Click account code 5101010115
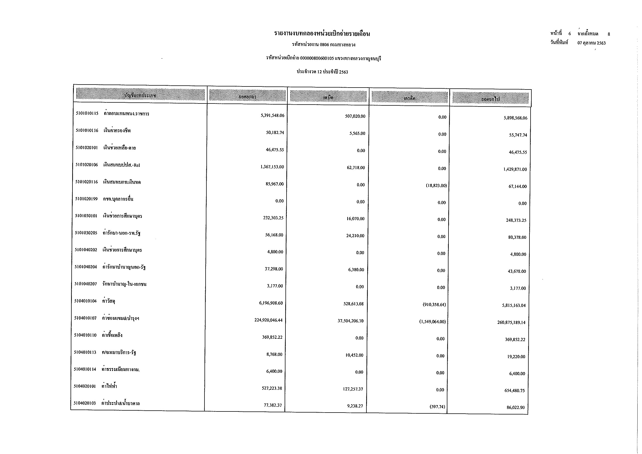(x=87, y=114)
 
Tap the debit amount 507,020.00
(x=355, y=116)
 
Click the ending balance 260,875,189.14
(x=511, y=323)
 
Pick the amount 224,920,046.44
(x=268, y=320)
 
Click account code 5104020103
(x=85, y=403)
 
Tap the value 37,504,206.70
(x=350, y=321)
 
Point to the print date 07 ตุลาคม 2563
(x=591, y=43)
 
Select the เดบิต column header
(x=328, y=97)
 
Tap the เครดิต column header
(x=409, y=98)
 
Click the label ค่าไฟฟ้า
(x=109, y=386)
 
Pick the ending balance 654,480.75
(x=514, y=391)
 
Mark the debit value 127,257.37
(x=353, y=389)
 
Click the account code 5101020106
(x=87, y=165)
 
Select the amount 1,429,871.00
(x=515, y=169)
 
